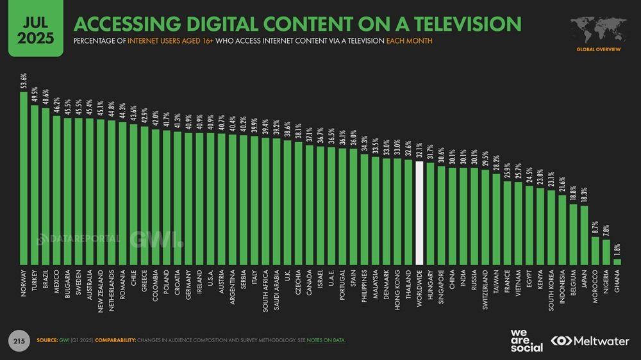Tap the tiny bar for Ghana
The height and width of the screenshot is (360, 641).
[617, 261]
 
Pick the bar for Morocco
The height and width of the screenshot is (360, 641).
[595, 250]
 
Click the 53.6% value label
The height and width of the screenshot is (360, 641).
[24, 82]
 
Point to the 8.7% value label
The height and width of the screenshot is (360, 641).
[595, 227]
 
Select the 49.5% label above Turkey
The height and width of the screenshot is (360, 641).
[35, 95]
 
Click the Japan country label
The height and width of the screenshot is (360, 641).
[585, 282]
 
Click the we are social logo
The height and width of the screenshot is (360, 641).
[526, 340]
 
